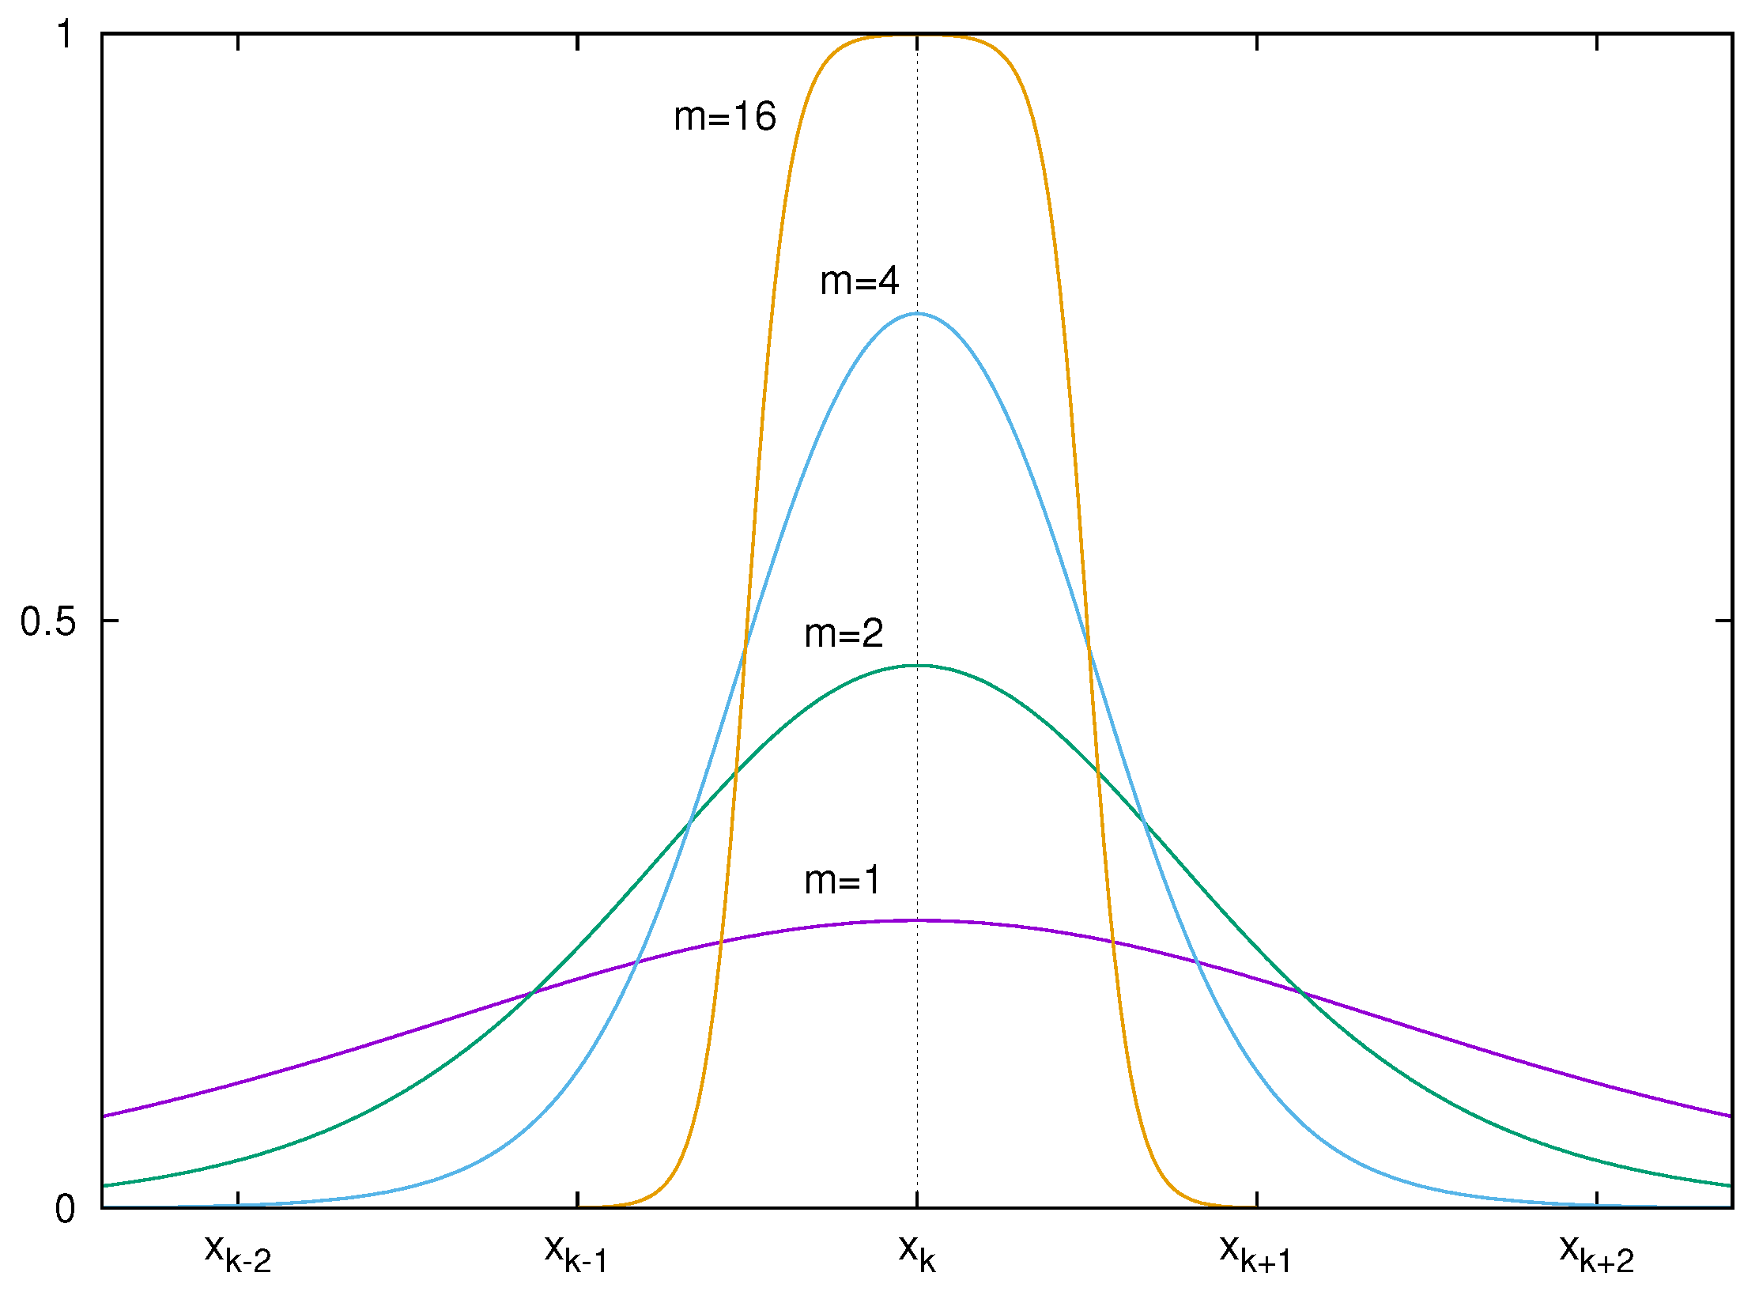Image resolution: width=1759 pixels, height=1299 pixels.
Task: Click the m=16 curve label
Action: [x=725, y=117]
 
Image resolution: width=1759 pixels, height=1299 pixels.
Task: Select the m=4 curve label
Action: [x=859, y=281]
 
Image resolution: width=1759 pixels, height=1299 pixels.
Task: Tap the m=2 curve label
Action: [x=844, y=633]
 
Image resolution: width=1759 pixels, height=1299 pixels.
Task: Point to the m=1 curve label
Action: [x=842, y=880]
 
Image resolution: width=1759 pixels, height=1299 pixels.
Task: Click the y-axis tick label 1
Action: [x=65, y=35]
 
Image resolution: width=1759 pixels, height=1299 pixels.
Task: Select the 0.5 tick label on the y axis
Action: [x=48, y=621]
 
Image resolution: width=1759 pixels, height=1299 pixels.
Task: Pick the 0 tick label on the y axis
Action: [x=65, y=1209]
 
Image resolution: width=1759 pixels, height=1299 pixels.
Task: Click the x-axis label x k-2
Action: [x=237, y=1253]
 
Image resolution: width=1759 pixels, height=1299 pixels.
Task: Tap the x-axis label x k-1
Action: [x=576, y=1253]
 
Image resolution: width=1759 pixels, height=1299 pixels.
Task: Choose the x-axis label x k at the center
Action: [x=917, y=1253]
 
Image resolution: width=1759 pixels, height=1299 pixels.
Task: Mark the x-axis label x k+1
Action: [x=1255, y=1253]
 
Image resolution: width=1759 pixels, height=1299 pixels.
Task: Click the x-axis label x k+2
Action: [x=1596, y=1253]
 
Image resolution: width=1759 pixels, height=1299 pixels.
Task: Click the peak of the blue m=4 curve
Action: [x=917, y=313]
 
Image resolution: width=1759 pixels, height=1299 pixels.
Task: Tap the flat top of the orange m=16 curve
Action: [x=917, y=36]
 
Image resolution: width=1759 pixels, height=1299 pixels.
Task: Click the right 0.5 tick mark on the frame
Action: [x=1724, y=621]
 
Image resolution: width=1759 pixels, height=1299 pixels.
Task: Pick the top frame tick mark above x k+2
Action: [x=1597, y=42]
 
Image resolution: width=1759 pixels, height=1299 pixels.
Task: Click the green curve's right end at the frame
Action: [x=1730, y=1185]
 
